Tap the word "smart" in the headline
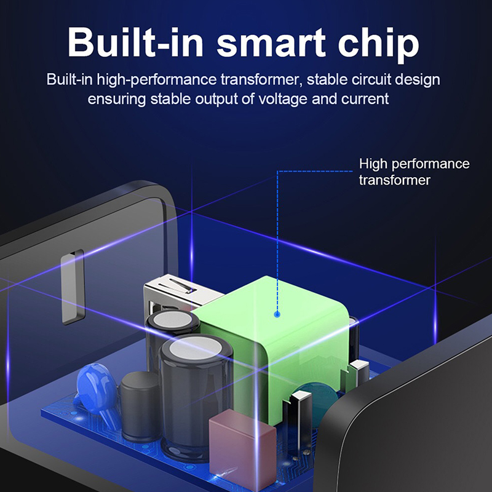point(271,43)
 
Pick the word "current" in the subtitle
point(365,99)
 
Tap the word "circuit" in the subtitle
point(371,79)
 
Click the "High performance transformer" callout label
point(414,172)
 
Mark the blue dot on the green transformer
point(277,314)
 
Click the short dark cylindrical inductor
point(140,405)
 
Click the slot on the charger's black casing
point(73,287)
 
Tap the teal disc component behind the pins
point(319,401)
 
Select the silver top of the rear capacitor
point(172,319)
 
